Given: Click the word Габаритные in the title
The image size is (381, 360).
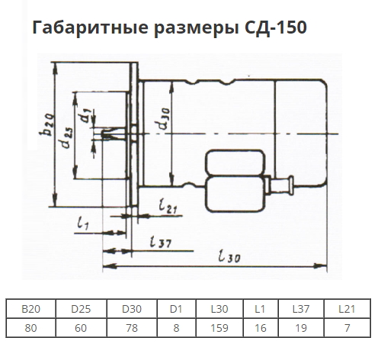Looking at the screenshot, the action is tap(90, 27).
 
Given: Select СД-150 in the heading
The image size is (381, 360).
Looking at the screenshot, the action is tap(276, 27).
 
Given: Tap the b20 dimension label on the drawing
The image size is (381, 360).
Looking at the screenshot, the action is tap(47, 124).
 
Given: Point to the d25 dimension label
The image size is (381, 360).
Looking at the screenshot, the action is tap(67, 137).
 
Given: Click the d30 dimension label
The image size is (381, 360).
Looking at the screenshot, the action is tap(162, 118).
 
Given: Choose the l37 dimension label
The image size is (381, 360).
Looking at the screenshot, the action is tap(160, 241).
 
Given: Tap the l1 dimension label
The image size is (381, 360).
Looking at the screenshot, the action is tap(83, 223).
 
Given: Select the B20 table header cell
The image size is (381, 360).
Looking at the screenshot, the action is tap(30, 309).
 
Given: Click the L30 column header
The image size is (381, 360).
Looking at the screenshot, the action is tap(219, 309).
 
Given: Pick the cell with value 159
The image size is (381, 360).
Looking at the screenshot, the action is tap(219, 328).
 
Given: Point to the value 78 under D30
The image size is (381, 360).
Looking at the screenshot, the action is tap(132, 328).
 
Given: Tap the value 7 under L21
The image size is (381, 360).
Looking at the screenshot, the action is tap(347, 328).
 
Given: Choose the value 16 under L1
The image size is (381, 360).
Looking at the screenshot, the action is tap(261, 328).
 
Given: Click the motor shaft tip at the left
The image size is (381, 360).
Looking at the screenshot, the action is tap(103, 134).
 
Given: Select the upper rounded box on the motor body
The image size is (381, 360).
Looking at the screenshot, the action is tap(235, 162).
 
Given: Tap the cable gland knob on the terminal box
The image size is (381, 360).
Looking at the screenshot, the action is tap(291, 185).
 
